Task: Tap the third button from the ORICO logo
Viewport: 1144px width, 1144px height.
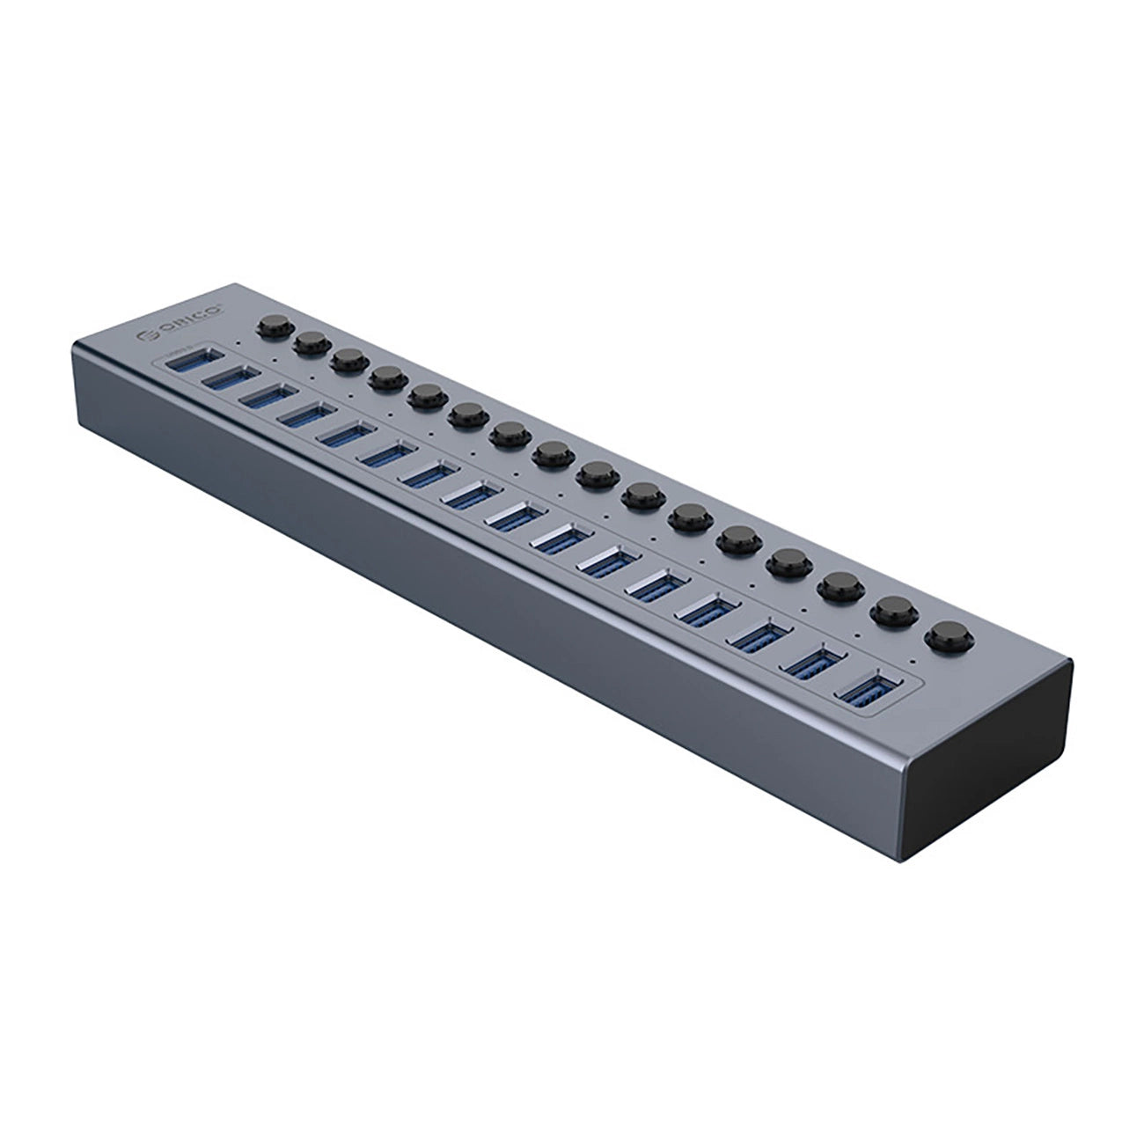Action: coord(349,361)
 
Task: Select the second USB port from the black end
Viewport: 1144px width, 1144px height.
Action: coord(815,663)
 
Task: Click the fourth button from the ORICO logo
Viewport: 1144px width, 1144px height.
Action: coord(386,379)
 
